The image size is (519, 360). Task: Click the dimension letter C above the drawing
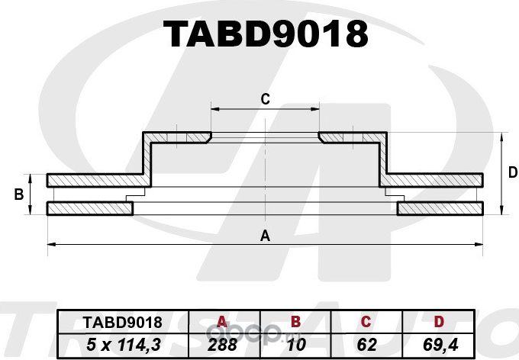(x=265, y=98)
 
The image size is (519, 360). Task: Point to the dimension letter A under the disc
(x=266, y=235)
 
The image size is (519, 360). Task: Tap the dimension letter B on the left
(x=18, y=195)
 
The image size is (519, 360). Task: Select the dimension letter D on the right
(x=512, y=173)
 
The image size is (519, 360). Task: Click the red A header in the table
(x=223, y=323)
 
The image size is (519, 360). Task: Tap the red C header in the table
(x=366, y=323)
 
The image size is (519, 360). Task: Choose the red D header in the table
(x=439, y=323)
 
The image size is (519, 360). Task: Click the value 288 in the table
(x=223, y=345)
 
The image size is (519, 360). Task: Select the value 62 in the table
(x=366, y=345)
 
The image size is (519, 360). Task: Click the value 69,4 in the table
(x=439, y=345)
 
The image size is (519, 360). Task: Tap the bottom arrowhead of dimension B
(x=31, y=212)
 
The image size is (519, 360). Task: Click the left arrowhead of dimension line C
(x=214, y=109)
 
